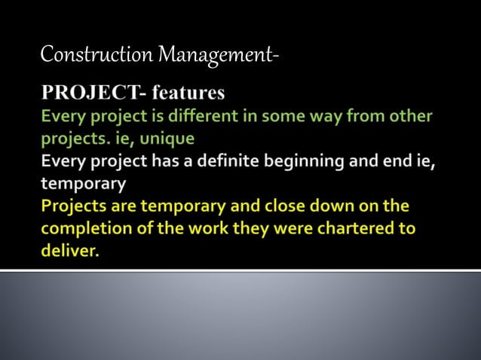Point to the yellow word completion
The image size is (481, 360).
[x=82, y=228]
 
